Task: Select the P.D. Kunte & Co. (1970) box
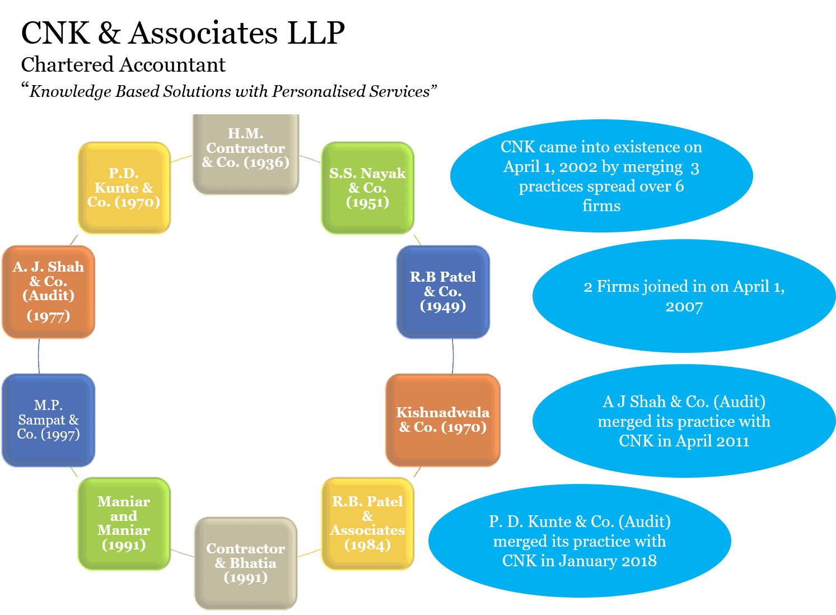coord(124,188)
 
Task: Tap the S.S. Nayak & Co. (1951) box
coord(367,188)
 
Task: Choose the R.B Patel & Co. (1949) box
coord(443,292)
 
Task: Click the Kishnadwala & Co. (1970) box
coord(443,420)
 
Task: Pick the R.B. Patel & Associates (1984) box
coord(367,524)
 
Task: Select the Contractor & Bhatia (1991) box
coord(245,563)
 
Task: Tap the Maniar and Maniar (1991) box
coord(124,524)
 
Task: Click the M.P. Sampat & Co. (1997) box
coord(48,420)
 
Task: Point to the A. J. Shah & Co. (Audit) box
coord(48,292)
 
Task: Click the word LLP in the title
coord(316,33)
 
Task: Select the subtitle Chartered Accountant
coord(123,65)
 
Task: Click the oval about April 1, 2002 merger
coord(601,176)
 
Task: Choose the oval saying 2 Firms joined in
coord(684,296)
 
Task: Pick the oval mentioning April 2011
coord(684,421)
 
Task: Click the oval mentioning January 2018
coord(580,541)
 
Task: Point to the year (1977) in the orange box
coord(48,316)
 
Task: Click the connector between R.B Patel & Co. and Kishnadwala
coord(452,356)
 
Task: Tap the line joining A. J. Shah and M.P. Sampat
coord(39,356)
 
